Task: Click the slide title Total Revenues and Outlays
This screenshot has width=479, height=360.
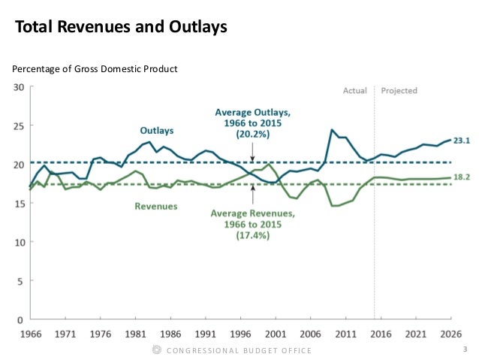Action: click(121, 29)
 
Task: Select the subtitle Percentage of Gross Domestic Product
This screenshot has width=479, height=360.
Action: click(95, 70)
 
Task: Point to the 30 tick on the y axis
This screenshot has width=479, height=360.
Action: click(19, 86)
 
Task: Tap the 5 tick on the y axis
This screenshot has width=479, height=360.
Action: click(21, 280)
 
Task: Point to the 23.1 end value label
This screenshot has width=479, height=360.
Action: click(465, 140)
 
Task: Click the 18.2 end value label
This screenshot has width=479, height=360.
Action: click(465, 177)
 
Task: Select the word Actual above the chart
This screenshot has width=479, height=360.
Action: click(354, 91)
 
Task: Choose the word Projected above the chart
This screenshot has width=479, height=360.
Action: click(399, 91)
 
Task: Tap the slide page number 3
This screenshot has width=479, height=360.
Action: click(465, 349)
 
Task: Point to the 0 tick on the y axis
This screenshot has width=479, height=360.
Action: click(21, 319)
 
